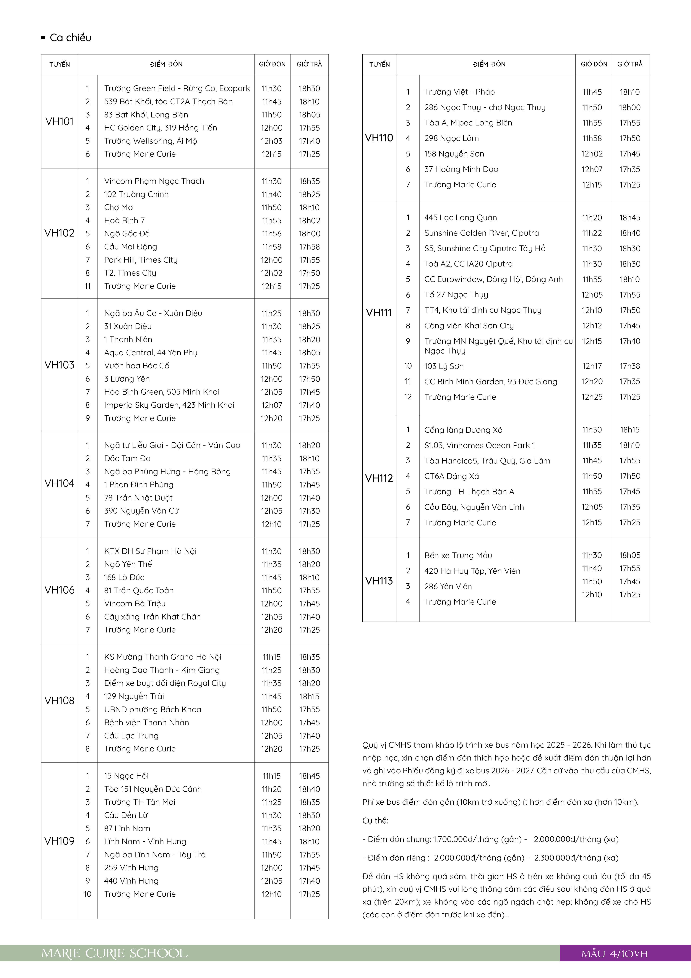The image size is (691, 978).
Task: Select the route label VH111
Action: point(379,313)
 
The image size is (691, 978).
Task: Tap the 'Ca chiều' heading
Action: point(70,38)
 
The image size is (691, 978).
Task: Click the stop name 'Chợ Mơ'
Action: point(118,207)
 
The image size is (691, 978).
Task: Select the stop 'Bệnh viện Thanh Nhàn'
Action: point(146,722)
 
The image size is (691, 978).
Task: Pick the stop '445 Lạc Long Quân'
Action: point(460,218)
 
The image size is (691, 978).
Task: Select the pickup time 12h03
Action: point(272,141)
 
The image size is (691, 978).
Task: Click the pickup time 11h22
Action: point(592,233)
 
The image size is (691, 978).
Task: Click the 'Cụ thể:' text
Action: point(375,821)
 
